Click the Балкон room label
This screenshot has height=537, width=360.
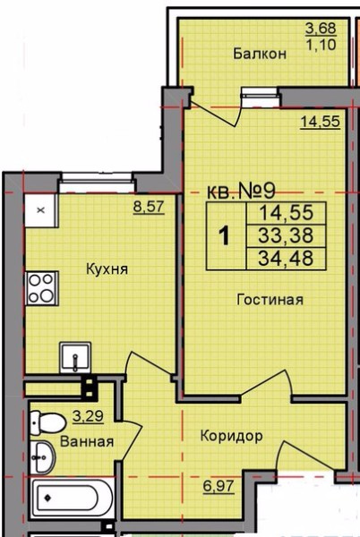click(x=260, y=54)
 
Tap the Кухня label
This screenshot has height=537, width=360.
click(x=107, y=268)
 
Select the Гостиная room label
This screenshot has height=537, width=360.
click(x=270, y=300)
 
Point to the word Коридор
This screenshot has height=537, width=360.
click(x=232, y=437)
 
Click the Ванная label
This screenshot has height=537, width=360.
click(x=87, y=442)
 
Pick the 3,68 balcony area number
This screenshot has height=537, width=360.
click(x=321, y=29)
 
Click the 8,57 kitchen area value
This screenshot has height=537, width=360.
click(x=149, y=208)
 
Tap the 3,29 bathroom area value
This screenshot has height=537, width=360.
click(x=88, y=416)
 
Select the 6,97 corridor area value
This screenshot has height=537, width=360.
click(x=219, y=486)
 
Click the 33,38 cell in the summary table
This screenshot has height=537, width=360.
click(x=286, y=235)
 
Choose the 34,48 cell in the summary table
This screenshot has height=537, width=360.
click(x=286, y=258)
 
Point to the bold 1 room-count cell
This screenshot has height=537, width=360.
click(x=225, y=236)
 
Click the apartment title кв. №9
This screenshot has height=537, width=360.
click(x=241, y=192)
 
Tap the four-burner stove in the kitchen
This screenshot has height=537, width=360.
click(x=42, y=288)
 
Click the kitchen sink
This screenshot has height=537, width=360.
click(x=75, y=357)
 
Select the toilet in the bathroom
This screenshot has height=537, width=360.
click(x=47, y=423)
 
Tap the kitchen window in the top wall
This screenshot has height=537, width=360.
click(x=97, y=183)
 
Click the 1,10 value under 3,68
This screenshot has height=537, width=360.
click(x=321, y=45)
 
